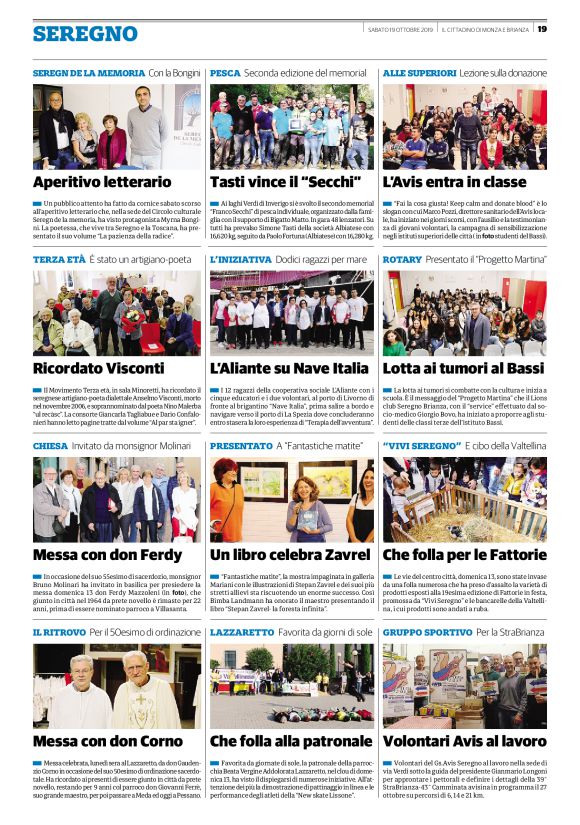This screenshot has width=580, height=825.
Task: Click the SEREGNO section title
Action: click(85, 34)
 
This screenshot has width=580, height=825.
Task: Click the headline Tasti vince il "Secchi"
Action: click(274, 182)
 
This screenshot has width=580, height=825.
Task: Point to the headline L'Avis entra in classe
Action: click(454, 182)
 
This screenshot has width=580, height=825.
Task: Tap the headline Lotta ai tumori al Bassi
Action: click(462, 368)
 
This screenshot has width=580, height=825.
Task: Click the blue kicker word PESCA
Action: click(225, 74)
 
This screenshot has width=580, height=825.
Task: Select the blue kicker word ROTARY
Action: click(402, 259)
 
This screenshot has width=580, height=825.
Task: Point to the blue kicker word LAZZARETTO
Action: click(242, 633)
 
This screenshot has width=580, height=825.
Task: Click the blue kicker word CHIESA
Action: click(50, 446)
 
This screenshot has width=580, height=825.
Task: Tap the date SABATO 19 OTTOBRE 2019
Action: click(399, 29)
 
